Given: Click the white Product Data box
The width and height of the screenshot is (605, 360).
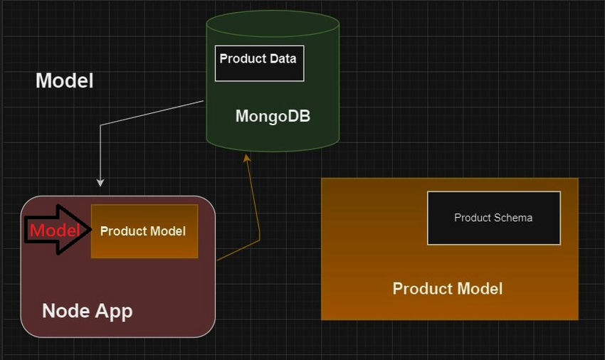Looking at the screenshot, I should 259,63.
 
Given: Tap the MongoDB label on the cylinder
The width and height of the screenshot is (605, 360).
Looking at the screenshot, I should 273,116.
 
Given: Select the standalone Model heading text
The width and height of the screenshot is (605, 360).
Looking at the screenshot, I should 64,80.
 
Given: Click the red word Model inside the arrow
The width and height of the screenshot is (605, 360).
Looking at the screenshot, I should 54,231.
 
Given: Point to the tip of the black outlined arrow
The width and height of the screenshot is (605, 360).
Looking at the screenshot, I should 90,230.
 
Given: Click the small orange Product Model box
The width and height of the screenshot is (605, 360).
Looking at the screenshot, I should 144,231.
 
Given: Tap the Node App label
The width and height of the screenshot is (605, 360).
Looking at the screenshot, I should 87,311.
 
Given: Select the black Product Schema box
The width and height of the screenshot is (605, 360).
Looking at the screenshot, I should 493,218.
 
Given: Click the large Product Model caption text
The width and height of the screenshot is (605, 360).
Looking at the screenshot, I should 447,288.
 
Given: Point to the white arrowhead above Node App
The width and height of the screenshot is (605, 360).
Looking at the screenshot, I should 100,183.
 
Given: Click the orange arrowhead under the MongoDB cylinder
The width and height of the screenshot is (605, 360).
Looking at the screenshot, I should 247,157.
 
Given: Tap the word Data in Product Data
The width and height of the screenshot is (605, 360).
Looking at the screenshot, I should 283,58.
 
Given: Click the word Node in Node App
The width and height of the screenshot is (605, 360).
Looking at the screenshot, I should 65,311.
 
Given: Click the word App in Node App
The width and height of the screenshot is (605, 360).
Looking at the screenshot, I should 112,311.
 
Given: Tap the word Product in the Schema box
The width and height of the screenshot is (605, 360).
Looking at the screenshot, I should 473,218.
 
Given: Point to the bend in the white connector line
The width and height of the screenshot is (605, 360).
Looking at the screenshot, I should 101,125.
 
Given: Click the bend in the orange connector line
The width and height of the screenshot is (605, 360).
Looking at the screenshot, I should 259,239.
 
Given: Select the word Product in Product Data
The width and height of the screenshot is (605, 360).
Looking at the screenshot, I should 243,58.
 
